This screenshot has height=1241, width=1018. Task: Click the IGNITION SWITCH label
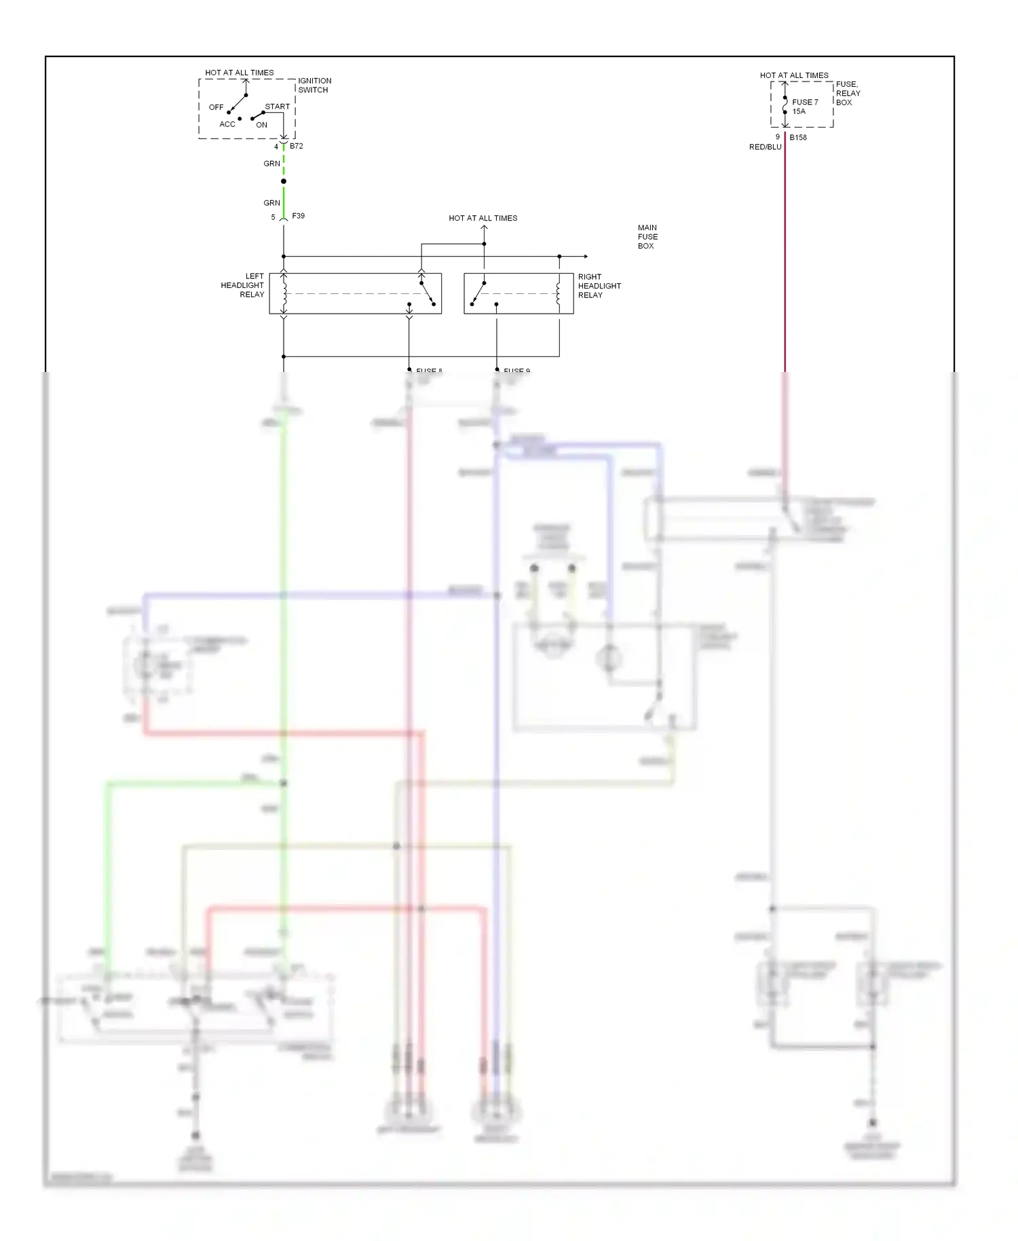(314, 86)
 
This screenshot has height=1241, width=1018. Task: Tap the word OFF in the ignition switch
(216, 107)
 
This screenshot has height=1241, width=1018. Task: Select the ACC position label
(227, 124)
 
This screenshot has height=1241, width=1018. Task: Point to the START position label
(277, 107)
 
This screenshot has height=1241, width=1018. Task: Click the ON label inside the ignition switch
(261, 125)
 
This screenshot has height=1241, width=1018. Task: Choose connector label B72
(297, 146)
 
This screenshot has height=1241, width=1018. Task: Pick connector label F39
(299, 216)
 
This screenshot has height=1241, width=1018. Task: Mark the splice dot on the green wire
(284, 181)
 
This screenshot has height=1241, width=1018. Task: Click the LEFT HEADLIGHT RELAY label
(242, 285)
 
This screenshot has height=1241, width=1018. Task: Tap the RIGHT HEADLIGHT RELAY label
(599, 286)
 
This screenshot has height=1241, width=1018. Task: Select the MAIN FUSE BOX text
(647, 237)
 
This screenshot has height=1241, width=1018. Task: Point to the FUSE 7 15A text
(804, 107)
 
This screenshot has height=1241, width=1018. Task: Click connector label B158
(798, 137)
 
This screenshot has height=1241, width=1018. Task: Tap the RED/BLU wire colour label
(765, 147)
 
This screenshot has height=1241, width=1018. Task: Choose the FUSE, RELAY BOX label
(848, 93)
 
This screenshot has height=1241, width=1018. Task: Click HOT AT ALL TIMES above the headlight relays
(483, 218)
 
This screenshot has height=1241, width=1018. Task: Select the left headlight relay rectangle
(355, 293)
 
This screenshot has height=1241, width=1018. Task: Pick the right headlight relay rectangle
(519, 293)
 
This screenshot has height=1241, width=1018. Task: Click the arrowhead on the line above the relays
(585, 257)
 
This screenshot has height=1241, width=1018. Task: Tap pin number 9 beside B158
(778, 137)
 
